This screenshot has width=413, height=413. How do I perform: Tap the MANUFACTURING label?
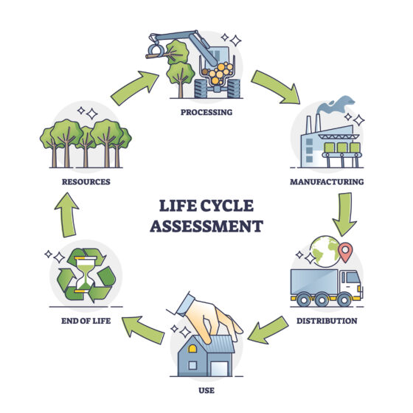tap(327, 181)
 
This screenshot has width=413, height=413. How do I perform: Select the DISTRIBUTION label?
tap(326, 321)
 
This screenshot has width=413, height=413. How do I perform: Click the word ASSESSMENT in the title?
tap(206, 226)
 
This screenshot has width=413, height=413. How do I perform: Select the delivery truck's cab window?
tap(353, 278)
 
